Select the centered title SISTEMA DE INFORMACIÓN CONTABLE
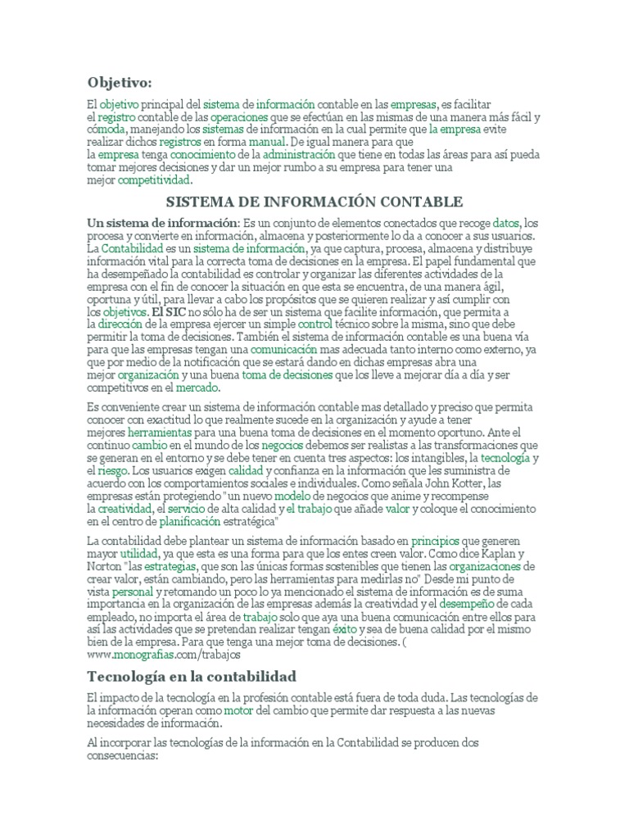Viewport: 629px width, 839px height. [314, 202]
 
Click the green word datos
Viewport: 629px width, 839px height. [506, 223]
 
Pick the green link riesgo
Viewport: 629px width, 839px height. [111, 472]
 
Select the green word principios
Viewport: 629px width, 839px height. [435, 541]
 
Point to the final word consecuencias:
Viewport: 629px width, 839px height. [121, 758]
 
